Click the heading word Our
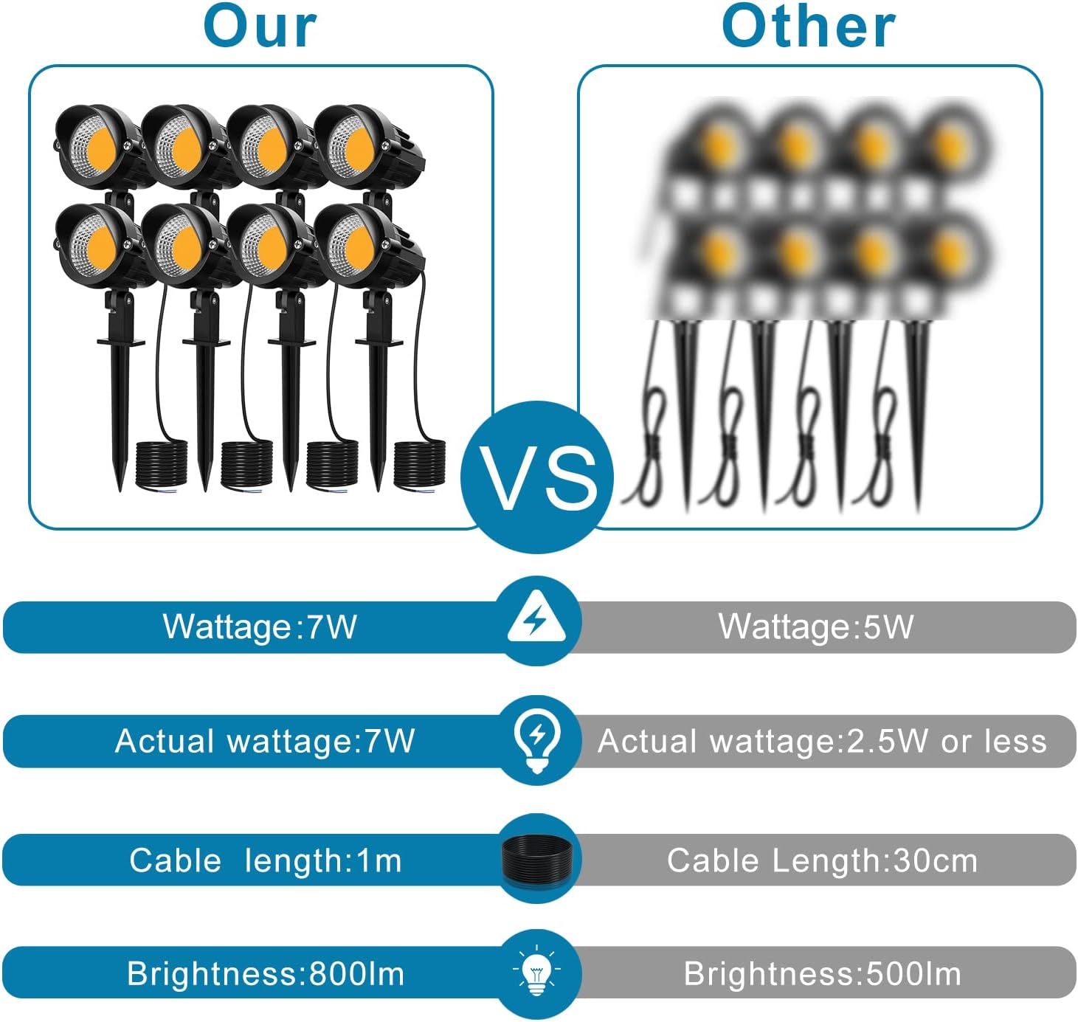click(260, 27)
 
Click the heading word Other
click(808, 27)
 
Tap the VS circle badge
click(537, 477)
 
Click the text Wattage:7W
click(260, 626)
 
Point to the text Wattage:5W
click(816, 626)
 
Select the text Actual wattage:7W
click(265, 741)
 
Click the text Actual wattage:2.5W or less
click(822, 742)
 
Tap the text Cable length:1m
click(266, 860)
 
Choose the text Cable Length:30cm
click(822, 860)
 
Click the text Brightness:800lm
click(266, 974)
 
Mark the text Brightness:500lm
click(822, 974)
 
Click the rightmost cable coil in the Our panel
click(419, 464)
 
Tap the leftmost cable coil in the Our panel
click(161, 464)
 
